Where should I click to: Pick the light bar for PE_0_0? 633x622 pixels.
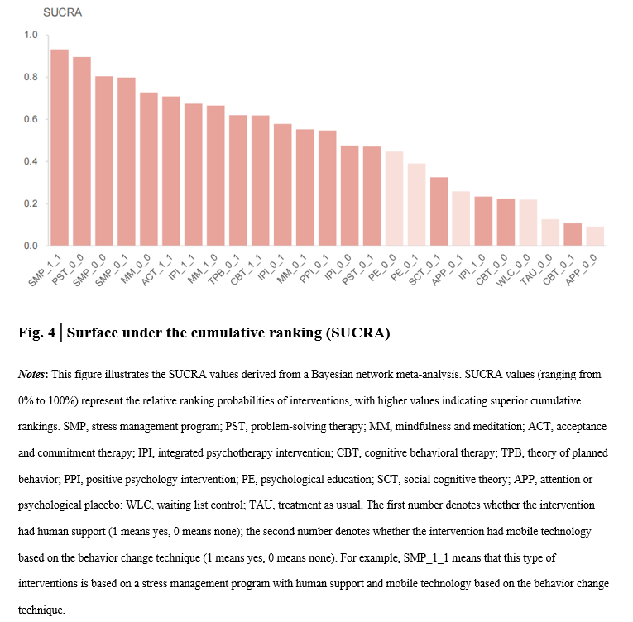click(x=395, y=199)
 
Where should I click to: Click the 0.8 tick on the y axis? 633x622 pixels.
click(x=31, y=78)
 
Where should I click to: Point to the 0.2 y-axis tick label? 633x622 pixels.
click(x=31, y=204)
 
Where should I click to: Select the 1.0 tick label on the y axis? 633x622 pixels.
click(x=31, y=36)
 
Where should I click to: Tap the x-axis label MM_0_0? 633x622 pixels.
click(x=134, y=270)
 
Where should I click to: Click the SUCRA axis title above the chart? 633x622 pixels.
click(x=62, y=13)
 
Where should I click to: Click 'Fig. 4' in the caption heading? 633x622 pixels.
click(x=36, y=333)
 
